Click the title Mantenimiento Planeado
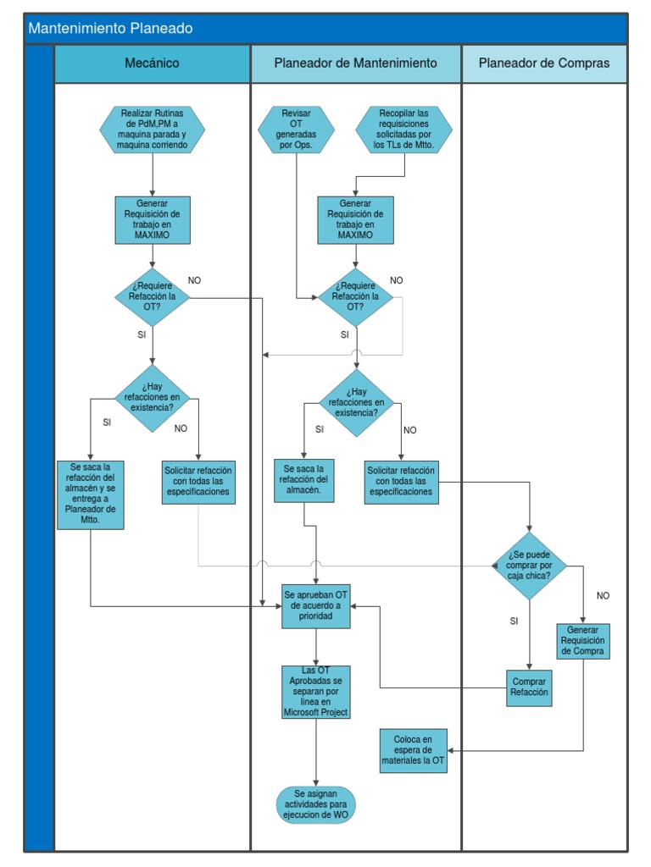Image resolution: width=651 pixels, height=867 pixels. pyautogui.click(x=110, y=29)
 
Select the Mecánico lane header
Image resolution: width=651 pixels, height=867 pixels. pyautogui.click(x=152, y=64)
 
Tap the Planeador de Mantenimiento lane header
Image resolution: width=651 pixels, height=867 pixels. pyautogui.click(x=355, y=64)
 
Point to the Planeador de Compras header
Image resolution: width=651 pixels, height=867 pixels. pyautogui.click(x=543, y=64)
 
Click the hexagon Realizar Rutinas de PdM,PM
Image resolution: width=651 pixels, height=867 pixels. pyautogui.click(x=153, y=130)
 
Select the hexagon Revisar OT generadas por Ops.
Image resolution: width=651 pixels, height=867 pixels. pyautogui.click(x=296, y=130)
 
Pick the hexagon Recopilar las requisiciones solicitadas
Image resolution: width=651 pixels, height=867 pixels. pyautogui.click(x=403, y=130)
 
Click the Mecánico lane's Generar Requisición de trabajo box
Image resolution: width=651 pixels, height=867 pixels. pyautogui.click(x=153, y=219)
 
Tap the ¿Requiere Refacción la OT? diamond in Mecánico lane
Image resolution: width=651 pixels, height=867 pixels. pyautogui.click(x=153, y=297)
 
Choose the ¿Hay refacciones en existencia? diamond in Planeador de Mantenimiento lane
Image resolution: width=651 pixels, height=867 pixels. pyautogui.click(x=356, y=402)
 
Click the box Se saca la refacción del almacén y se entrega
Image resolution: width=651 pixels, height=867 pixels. pyautogui.click(x=91, y=494)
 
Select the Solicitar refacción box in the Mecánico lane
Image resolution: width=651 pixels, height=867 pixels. pyautogui.click(x=198, y=482)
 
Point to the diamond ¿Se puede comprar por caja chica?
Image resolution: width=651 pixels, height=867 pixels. pyautogui.click(x=530, y=566)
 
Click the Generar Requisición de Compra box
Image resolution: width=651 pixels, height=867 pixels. pyautogui.click(x=583, y=641)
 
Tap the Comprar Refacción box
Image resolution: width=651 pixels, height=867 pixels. pyautogui.click(x=529, y=687)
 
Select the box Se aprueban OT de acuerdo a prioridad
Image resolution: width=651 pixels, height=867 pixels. pyautogui.click(x=316, y=606)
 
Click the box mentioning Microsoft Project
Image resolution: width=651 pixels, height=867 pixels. pyautogui.click(x=316, y=692)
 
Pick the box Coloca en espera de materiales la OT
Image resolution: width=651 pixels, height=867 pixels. pyautogui.click(x=414, y=750)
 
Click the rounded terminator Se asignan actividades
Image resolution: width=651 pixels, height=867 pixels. pyautogui.click(x=316, y=804)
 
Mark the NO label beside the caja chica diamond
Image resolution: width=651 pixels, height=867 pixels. pyautogui.click(x=603, y=596)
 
